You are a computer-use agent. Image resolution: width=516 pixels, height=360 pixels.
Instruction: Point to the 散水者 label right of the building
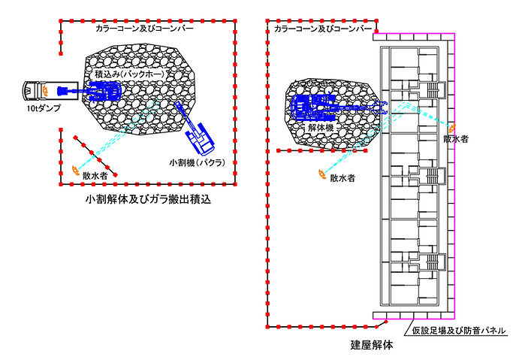(x=457, y=138)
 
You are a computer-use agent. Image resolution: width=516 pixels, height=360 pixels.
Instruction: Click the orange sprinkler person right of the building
(x=452, y=126)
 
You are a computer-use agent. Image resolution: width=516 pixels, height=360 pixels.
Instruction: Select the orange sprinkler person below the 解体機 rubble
(x=321, y=176)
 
